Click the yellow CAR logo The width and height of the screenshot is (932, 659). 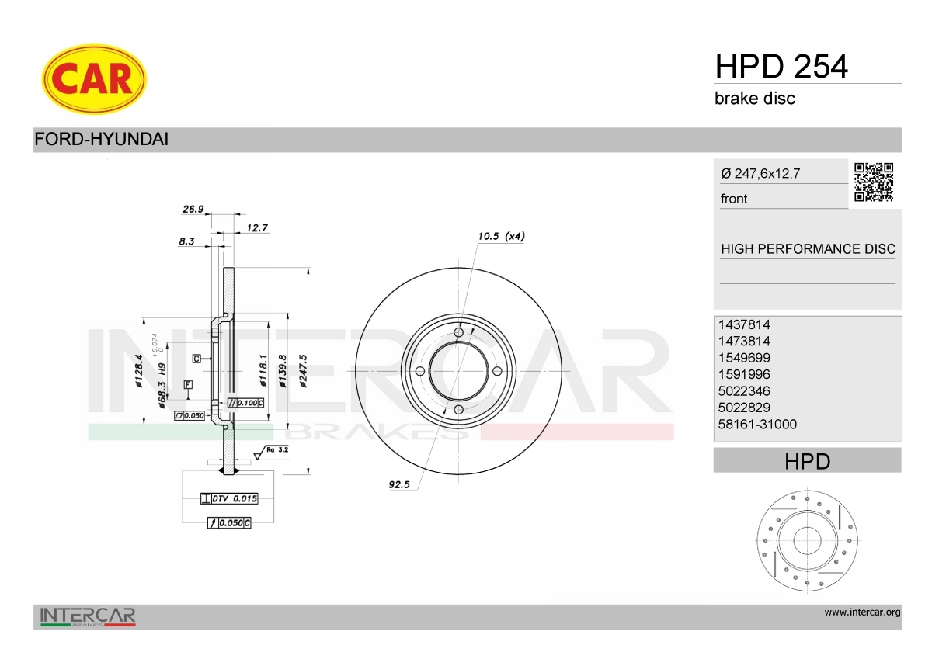[94, 78]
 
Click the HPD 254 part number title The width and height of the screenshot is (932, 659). [781, 68]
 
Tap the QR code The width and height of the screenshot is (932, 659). [874, 182]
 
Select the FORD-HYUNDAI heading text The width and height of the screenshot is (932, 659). [101, 140]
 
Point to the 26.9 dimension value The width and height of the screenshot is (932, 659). [192, 209]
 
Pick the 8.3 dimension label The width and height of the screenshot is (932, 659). [186, 241]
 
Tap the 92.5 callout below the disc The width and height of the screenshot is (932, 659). [398, 484]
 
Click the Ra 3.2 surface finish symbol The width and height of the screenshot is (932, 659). [276, 449]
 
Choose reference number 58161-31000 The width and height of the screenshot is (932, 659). [758, 424]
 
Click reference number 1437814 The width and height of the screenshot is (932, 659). [745, 324]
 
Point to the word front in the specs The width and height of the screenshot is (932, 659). [734, 199]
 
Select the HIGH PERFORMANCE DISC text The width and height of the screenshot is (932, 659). [808, 249]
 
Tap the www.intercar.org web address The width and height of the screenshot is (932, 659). [862, 612]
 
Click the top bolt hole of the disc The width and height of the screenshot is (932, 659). [458, 333]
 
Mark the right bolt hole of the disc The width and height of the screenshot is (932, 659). [497, 371]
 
